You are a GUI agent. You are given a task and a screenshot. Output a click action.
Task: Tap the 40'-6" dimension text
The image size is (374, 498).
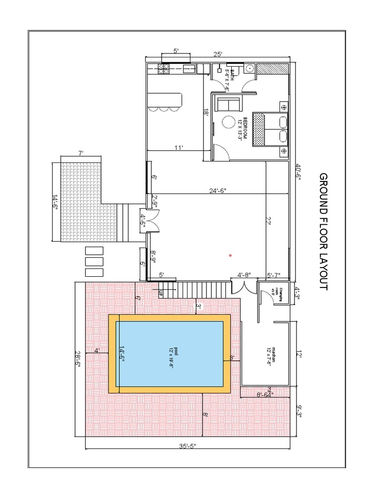(299, 172)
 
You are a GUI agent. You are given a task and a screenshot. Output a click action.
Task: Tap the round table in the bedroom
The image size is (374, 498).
(228, 122)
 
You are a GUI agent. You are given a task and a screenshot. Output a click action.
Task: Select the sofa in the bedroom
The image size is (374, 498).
(228, 104)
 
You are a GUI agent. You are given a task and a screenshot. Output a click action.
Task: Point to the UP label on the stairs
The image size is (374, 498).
(160, 293)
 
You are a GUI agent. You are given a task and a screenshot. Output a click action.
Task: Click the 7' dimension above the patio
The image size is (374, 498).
(81, 153)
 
